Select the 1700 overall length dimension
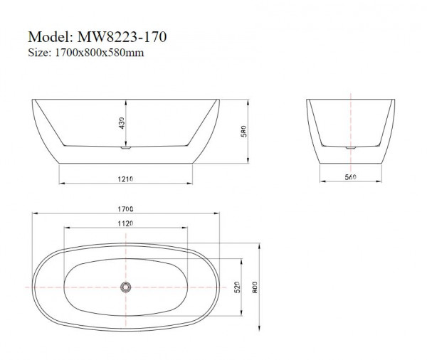click(125, 208)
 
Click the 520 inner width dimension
click(236, 286)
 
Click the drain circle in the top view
click(125, 286)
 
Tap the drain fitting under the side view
click(125, 149)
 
